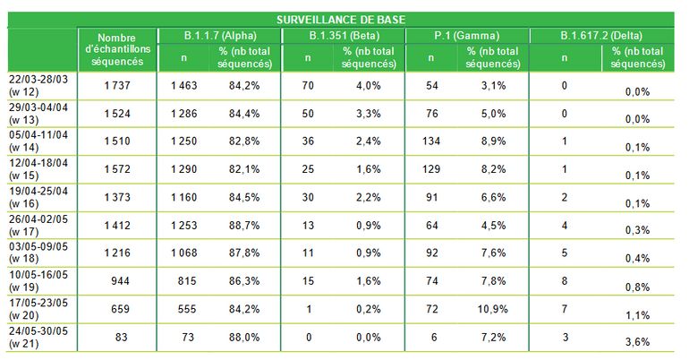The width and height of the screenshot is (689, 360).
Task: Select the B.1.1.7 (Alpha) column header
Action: coord(218,35)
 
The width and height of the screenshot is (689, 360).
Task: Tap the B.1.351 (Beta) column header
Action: coord(343,35)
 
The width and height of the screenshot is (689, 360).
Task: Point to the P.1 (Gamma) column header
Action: coord(467,35)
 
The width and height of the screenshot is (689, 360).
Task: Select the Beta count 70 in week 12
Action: coord(307,85)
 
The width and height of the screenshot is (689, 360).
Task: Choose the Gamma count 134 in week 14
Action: coord(431,141)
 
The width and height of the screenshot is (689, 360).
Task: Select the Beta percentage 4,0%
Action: coord(370,85)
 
